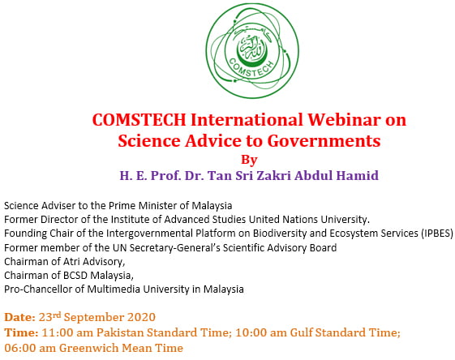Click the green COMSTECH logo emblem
tap(252, 51)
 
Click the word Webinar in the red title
tap(344, 119)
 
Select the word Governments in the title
tap(324, 141)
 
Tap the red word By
tap(249, 160)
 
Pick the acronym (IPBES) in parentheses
tap(437, 234)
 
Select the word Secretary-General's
tap(174, 248)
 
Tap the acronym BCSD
tap(75, 275)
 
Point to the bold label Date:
tap(19, 317)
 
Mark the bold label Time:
tap(21, 332)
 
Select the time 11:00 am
tap(67, 332)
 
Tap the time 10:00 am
tap(261, 332)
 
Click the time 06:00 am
tap(30, 348)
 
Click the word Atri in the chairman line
tap(71, 261)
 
